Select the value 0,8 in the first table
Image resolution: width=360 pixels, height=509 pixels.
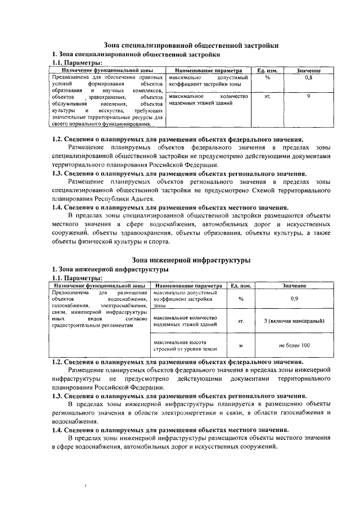point(309,77)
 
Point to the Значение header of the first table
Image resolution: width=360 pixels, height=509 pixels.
point(309,70)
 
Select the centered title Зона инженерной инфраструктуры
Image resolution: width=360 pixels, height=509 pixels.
point(191,260)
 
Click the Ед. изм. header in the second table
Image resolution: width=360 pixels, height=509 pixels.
point(240,286)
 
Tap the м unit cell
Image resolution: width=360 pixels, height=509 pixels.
point(240,345)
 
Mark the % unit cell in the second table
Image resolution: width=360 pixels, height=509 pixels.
point(240,299)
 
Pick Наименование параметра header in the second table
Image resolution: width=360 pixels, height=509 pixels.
point(186,286)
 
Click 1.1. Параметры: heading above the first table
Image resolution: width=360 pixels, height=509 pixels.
point(77,63)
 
